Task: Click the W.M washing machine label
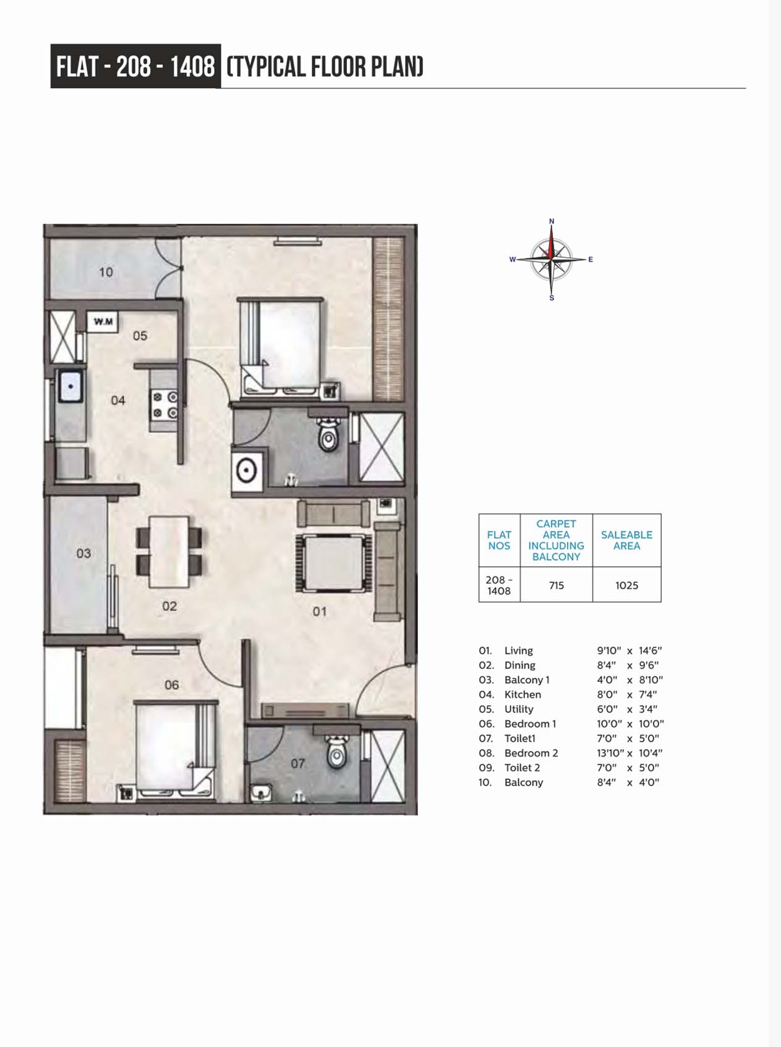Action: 103,321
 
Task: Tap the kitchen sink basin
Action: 71,386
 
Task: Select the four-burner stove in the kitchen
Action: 165,404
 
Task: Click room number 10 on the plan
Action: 106,272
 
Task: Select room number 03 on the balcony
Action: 83,553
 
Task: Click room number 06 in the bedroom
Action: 172,685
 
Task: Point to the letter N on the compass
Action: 552,221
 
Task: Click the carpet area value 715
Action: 557,585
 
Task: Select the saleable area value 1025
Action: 626,585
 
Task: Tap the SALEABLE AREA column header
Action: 626,540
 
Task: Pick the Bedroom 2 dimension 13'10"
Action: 610,753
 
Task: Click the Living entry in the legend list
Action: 518,651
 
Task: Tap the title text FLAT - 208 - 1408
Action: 135,66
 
